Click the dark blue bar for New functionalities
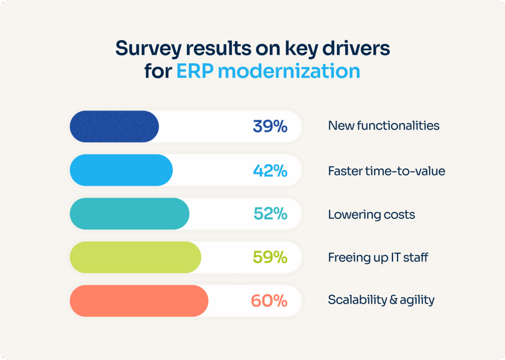coord(114,126)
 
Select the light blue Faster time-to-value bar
coord(121,170)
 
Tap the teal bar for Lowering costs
coord(129,214)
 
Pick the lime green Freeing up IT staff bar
coord(135,257)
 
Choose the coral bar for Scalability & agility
coord(139,301)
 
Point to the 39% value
coord(270,127)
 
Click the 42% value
coord(270,171)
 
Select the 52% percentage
coord(270,214)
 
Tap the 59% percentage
coord(270,257)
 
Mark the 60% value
coord(269,301)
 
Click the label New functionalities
coord(383,126)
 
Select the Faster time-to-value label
coord(386,171)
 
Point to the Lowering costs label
coord(371,215)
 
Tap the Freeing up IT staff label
coord(378,257)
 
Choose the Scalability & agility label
coord(381,300)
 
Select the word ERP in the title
coord(194,72)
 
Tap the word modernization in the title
coord(289,72)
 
